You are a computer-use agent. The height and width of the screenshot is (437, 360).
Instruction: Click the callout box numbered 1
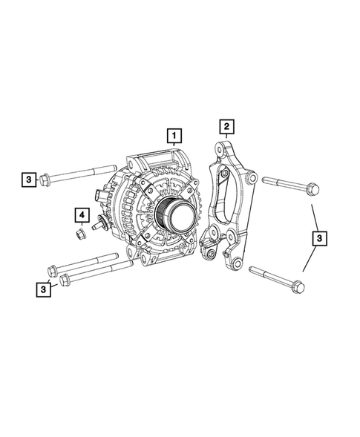(174, 137)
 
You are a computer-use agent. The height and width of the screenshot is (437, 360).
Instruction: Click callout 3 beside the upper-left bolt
(27, 179)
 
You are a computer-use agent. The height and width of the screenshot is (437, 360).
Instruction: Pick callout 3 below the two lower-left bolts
(46, 289)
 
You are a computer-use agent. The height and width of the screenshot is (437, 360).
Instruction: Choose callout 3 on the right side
(318, 238)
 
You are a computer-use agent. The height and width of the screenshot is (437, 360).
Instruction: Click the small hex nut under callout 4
(81, 235)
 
